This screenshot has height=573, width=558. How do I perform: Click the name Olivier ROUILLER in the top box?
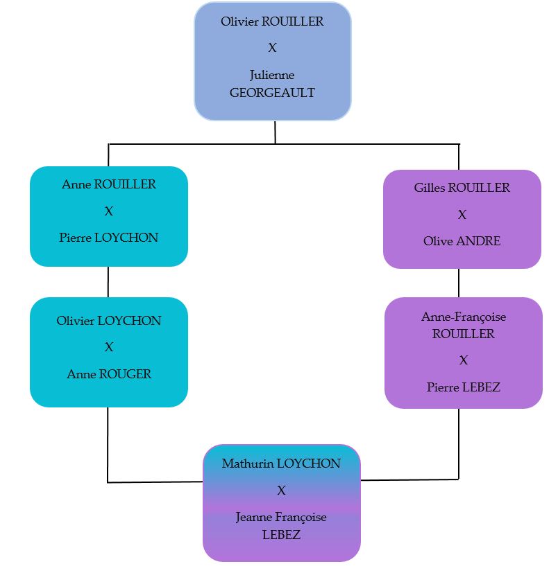(x=272, y=21)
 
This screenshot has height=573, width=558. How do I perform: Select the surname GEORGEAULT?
(x=272, y=92)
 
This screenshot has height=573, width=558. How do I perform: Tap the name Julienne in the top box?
(x=272, y=75)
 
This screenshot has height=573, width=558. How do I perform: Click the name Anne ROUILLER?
(x=109, y=184)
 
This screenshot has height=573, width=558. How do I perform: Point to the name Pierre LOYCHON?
(x=109, y=237)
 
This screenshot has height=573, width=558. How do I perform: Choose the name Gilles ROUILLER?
(x=462, y=188)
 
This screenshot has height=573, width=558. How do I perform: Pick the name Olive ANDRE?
(x=462, y=241)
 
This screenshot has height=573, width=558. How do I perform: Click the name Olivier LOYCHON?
(x=109, y=321)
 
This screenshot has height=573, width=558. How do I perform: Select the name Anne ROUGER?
(x=109, y=374)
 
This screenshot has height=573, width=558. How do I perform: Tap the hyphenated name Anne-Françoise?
(x=464, y=317)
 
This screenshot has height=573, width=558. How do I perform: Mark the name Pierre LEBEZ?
(x=464, y=387)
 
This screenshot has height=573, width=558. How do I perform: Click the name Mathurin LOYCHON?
(x=281, y=464)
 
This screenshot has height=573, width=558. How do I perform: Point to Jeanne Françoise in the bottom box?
(x=281, y=517)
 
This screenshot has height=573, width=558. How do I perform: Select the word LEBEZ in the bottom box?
(x=281, y=534)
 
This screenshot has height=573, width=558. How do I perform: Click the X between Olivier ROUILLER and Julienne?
(x=272, y=48)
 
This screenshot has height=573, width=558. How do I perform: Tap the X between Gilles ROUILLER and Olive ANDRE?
(x=462, y=215)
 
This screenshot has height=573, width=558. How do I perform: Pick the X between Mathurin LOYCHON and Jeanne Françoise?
(x=281, y=491)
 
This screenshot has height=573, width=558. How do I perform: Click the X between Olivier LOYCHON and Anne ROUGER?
(x=109, y=347)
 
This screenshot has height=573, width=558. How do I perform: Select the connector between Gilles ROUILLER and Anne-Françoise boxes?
(x=459, y=283)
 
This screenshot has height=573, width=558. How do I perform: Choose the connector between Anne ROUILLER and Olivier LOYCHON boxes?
(x=108, y=282)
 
